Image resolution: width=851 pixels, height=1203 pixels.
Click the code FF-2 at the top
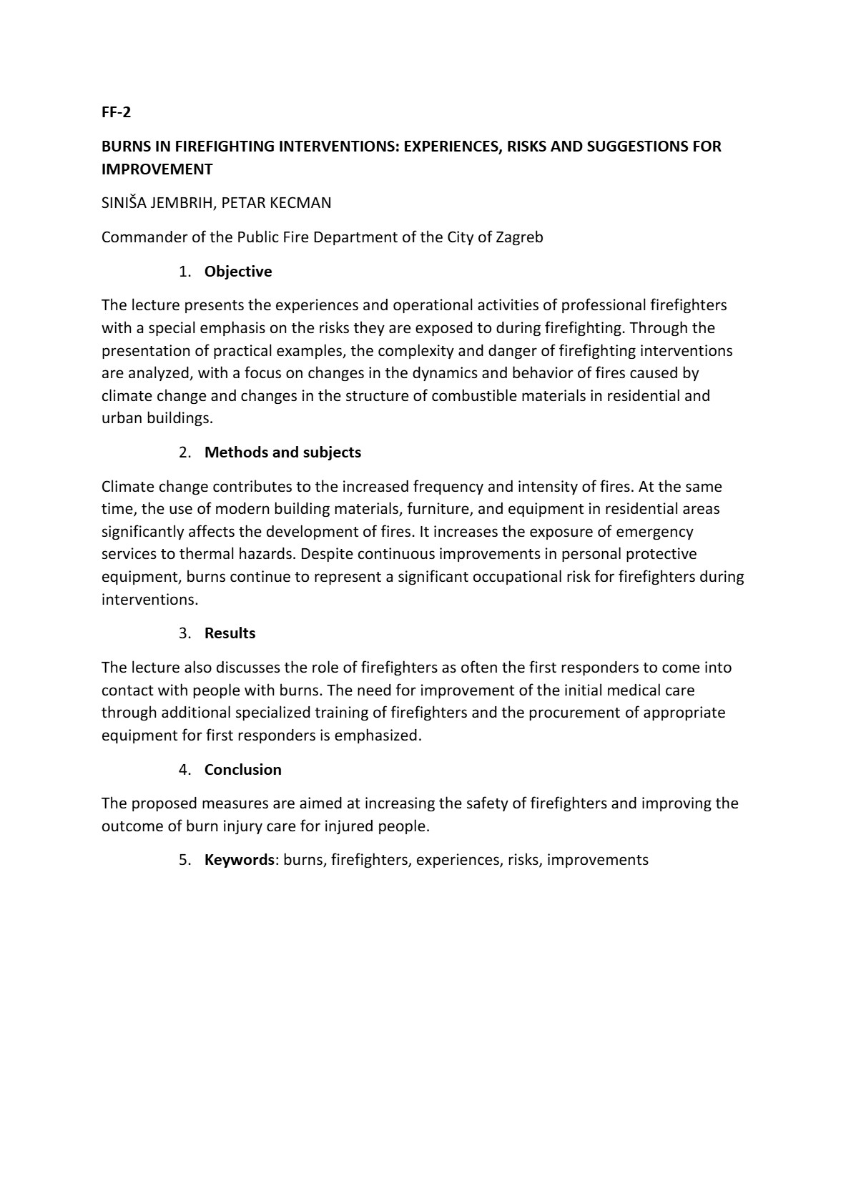tap(116, 112)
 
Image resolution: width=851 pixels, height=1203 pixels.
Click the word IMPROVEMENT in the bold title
tap(157, 169)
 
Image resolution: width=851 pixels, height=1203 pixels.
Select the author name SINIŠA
tap(124, 203)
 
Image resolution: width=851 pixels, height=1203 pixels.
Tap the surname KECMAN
tap(300, 203)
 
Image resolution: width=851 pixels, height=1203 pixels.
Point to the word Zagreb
tap(519, 237)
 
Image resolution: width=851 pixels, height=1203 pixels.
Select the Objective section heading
tap(238, 272)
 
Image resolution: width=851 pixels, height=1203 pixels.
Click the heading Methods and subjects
tap(282, 452)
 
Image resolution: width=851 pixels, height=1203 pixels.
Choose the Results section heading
tap(230, 633)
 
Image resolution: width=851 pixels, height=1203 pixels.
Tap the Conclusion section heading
tap(242, 770)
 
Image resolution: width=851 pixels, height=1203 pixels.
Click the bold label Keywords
tap(239, 860)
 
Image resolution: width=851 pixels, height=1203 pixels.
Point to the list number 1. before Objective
tap(185, 272)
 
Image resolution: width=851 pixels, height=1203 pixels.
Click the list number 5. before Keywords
tap(185, 860)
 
